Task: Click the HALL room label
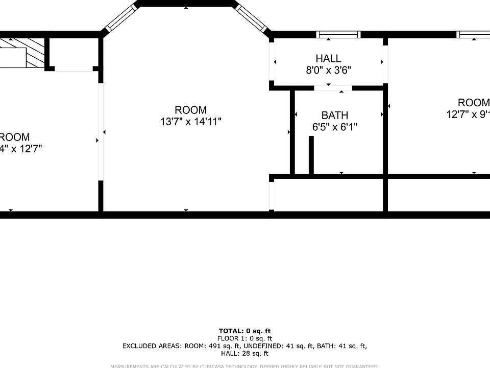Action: point(328,59)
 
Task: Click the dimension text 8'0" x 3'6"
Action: point(328,71)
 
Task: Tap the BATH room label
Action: point(334,116)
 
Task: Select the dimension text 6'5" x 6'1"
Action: point(334,127)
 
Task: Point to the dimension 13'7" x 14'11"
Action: point(190,122)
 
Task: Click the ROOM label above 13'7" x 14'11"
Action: point(190,110)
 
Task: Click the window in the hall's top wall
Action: point(338,35)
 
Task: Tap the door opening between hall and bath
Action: point(332,88)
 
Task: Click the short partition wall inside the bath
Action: point(310,155)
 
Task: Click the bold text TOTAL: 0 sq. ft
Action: point(244,331)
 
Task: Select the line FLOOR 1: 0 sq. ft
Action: point(244,338)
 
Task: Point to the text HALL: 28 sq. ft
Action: point(244,353)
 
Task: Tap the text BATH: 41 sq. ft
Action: point(342,346)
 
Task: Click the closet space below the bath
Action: point(328,195)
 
